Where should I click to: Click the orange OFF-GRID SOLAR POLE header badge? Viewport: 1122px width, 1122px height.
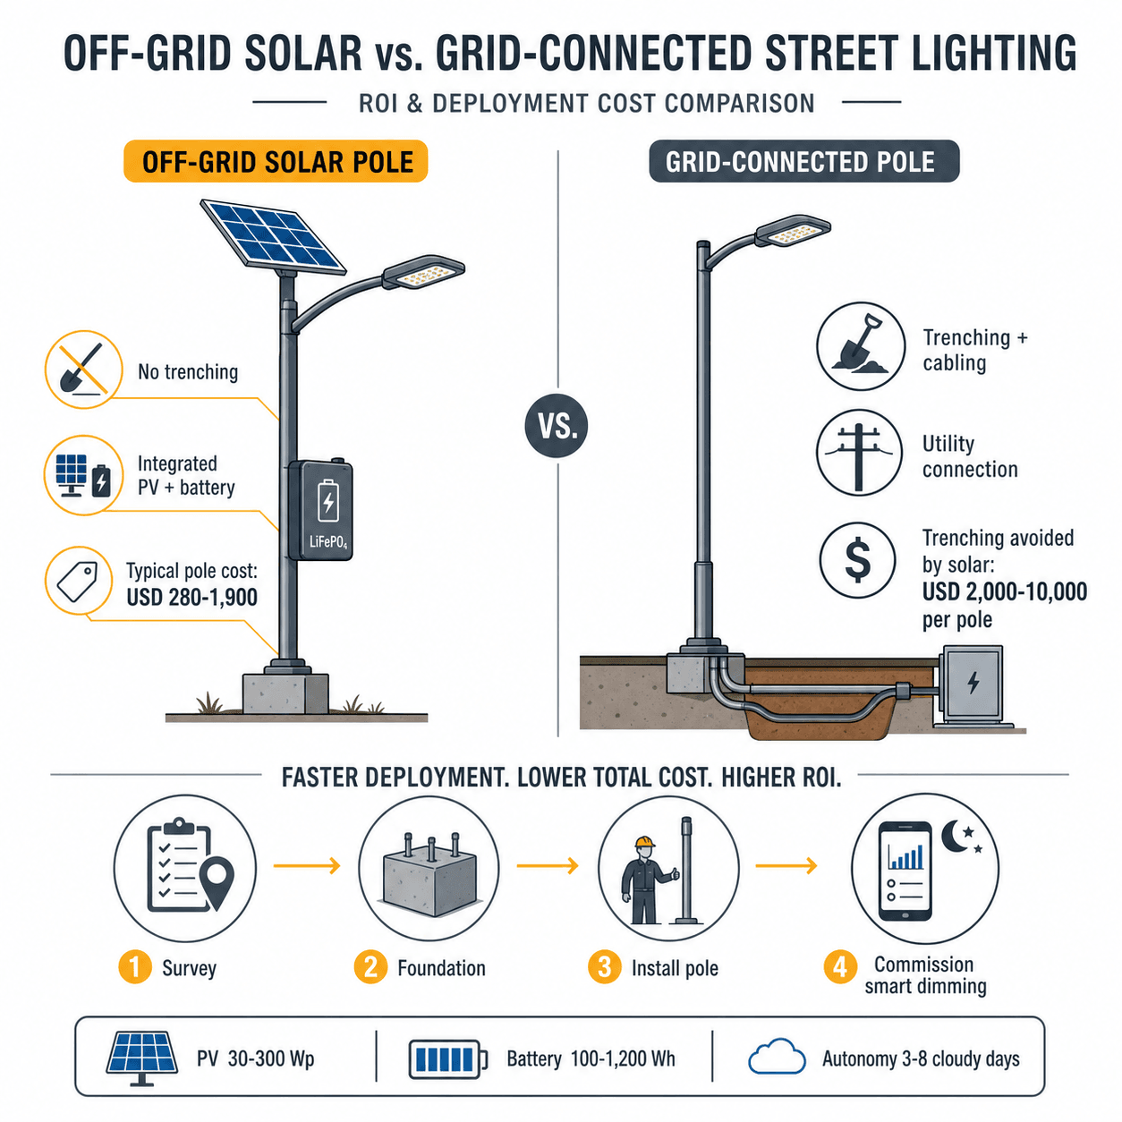click(x=276, y=161)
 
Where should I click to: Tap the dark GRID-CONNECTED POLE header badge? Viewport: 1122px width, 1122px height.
click(x=803, y=161)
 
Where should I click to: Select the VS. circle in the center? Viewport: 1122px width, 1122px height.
click(x=557, y=426)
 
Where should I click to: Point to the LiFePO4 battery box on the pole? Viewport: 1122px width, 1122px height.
click(x=321, y=510)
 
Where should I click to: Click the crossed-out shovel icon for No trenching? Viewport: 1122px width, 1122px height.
click(x=84, y=370)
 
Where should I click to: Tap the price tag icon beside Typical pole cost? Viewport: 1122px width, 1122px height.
click(x=79, y=581)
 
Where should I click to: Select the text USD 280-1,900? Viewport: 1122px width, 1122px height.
click(x=192, y=598)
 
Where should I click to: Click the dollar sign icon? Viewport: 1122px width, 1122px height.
click(x=858, y=560)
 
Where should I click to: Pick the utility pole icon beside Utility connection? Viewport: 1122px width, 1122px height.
click(x=860, y=453)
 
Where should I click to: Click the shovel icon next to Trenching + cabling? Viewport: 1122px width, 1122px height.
click(x=861, y=346)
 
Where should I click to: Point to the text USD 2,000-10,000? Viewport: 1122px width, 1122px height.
click(x=1005, y=591)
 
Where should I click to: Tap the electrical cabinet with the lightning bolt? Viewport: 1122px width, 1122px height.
click(x=972, y=686)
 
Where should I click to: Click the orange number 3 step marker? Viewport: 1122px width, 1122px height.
click(x=604, y=968)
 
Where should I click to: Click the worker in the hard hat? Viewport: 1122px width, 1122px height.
click(x=644, y=880)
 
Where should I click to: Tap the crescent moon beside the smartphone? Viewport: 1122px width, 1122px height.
click(x=956, y=836)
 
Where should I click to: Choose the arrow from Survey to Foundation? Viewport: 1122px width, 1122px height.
click(x=307, y=866)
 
